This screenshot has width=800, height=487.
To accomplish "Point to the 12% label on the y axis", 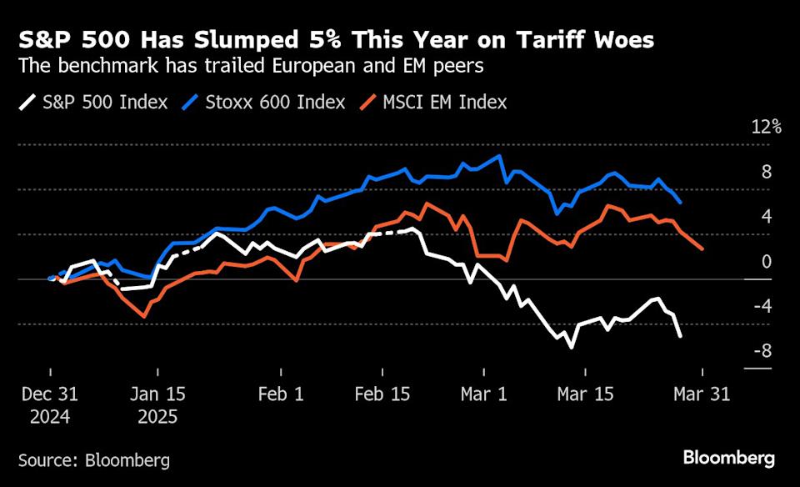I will point(766,128).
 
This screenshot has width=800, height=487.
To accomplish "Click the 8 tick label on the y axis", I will point(766,172).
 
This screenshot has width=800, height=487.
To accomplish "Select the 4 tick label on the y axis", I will point(766,217).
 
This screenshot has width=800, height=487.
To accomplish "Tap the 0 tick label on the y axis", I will point(766,262).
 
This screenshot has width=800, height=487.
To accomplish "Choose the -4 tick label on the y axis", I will point(761,306).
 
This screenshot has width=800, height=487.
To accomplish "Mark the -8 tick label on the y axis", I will point(761,351).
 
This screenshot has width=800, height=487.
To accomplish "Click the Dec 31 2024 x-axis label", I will point(50,405).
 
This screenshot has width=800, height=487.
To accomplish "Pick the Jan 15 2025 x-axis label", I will point(158,405).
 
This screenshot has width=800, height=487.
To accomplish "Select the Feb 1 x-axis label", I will point(281,394).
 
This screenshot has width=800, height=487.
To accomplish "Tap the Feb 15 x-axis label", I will point(383,394).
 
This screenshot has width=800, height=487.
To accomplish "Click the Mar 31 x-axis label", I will point(702,394).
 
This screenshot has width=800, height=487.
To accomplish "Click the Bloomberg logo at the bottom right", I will point(729,458).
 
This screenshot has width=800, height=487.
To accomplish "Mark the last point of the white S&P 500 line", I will point(681,336).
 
